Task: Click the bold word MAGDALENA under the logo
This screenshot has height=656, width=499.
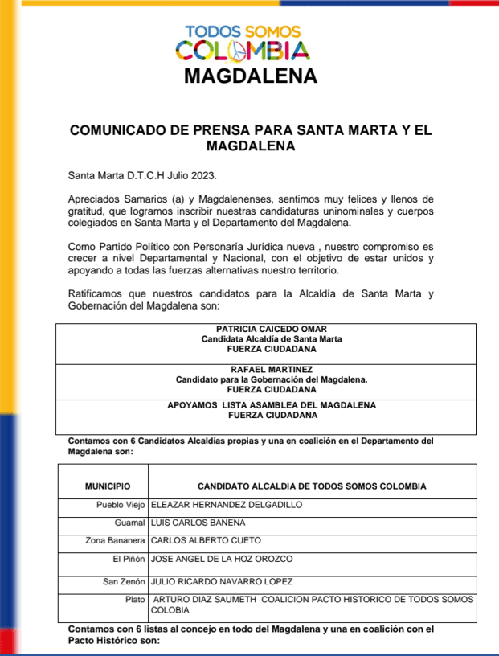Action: (x=250, y=76)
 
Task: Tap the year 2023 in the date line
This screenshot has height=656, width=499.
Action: (x=201, y=174)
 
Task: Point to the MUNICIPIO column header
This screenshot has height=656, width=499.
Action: (x=108, y=486)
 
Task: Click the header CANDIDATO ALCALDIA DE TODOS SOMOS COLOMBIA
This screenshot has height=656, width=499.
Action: (x=312, y=486)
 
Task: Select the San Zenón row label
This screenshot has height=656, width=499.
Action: (x=124, y=581)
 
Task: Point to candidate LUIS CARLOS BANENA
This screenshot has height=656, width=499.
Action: (x=200, y=523)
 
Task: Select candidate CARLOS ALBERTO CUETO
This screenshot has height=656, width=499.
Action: (x=206, y=540)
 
